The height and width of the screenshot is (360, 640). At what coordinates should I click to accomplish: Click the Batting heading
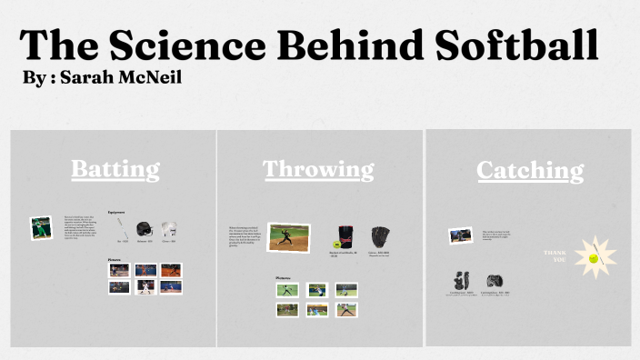coord(115,169)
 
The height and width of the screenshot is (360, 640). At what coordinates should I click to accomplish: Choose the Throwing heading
coord(318,169)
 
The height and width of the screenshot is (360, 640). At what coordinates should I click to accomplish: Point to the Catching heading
coord(530,170)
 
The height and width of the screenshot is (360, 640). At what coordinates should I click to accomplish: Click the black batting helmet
coord(144,230)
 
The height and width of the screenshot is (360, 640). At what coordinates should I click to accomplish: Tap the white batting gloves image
coord(168,230)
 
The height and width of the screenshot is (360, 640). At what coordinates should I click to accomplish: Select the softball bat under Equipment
coord(122,231)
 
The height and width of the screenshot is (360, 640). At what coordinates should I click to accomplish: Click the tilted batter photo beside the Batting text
coord(41,227)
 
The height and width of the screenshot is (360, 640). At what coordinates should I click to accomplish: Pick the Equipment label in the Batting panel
coord(116,212)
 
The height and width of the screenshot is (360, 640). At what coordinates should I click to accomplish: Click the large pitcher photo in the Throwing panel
coord(289,237)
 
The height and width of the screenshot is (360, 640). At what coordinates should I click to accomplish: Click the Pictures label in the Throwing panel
coord(284,277)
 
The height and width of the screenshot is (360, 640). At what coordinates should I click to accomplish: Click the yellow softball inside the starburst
coord(593,258)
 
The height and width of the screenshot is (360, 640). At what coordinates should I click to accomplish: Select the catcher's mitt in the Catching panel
coord(495,281)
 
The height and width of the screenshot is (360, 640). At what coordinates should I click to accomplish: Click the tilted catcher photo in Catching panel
coord(460,235)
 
